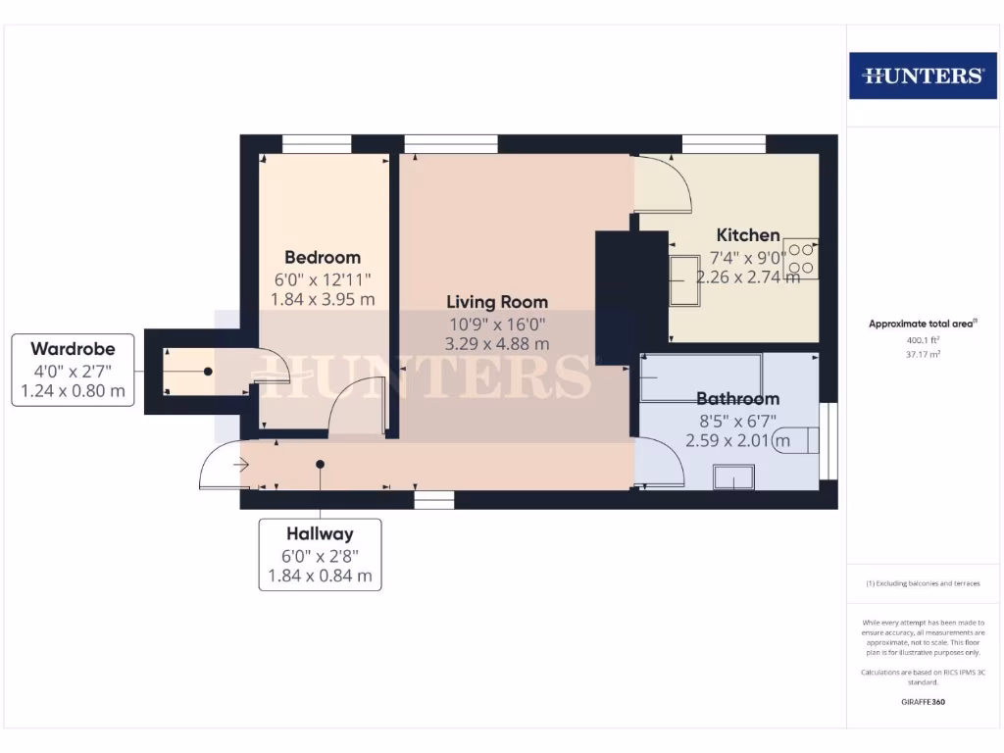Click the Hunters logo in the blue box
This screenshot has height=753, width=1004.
tap(922, 75)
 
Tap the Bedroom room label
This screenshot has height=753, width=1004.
tap(324, 258)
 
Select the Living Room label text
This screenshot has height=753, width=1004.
tap(497, 302)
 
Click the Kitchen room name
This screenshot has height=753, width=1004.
tap(748, 235)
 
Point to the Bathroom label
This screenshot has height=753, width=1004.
tap(737, 399)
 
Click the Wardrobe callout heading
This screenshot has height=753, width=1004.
tap(73, 349)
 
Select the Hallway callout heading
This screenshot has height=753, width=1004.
tap(320, 534)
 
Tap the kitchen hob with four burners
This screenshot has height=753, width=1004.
tap(801, 258)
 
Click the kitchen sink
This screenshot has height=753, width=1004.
tap(684, 280)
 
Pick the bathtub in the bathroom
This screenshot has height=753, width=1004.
tap(700, 377)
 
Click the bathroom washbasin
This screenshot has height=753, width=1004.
tap(733, 477)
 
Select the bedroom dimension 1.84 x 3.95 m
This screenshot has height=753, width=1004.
tap(324, 300)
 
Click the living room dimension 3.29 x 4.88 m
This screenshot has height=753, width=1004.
tap(497, 344)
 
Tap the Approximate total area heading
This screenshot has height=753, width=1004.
tap(923, 324)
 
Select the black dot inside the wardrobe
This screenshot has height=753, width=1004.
tap(209, 372)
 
